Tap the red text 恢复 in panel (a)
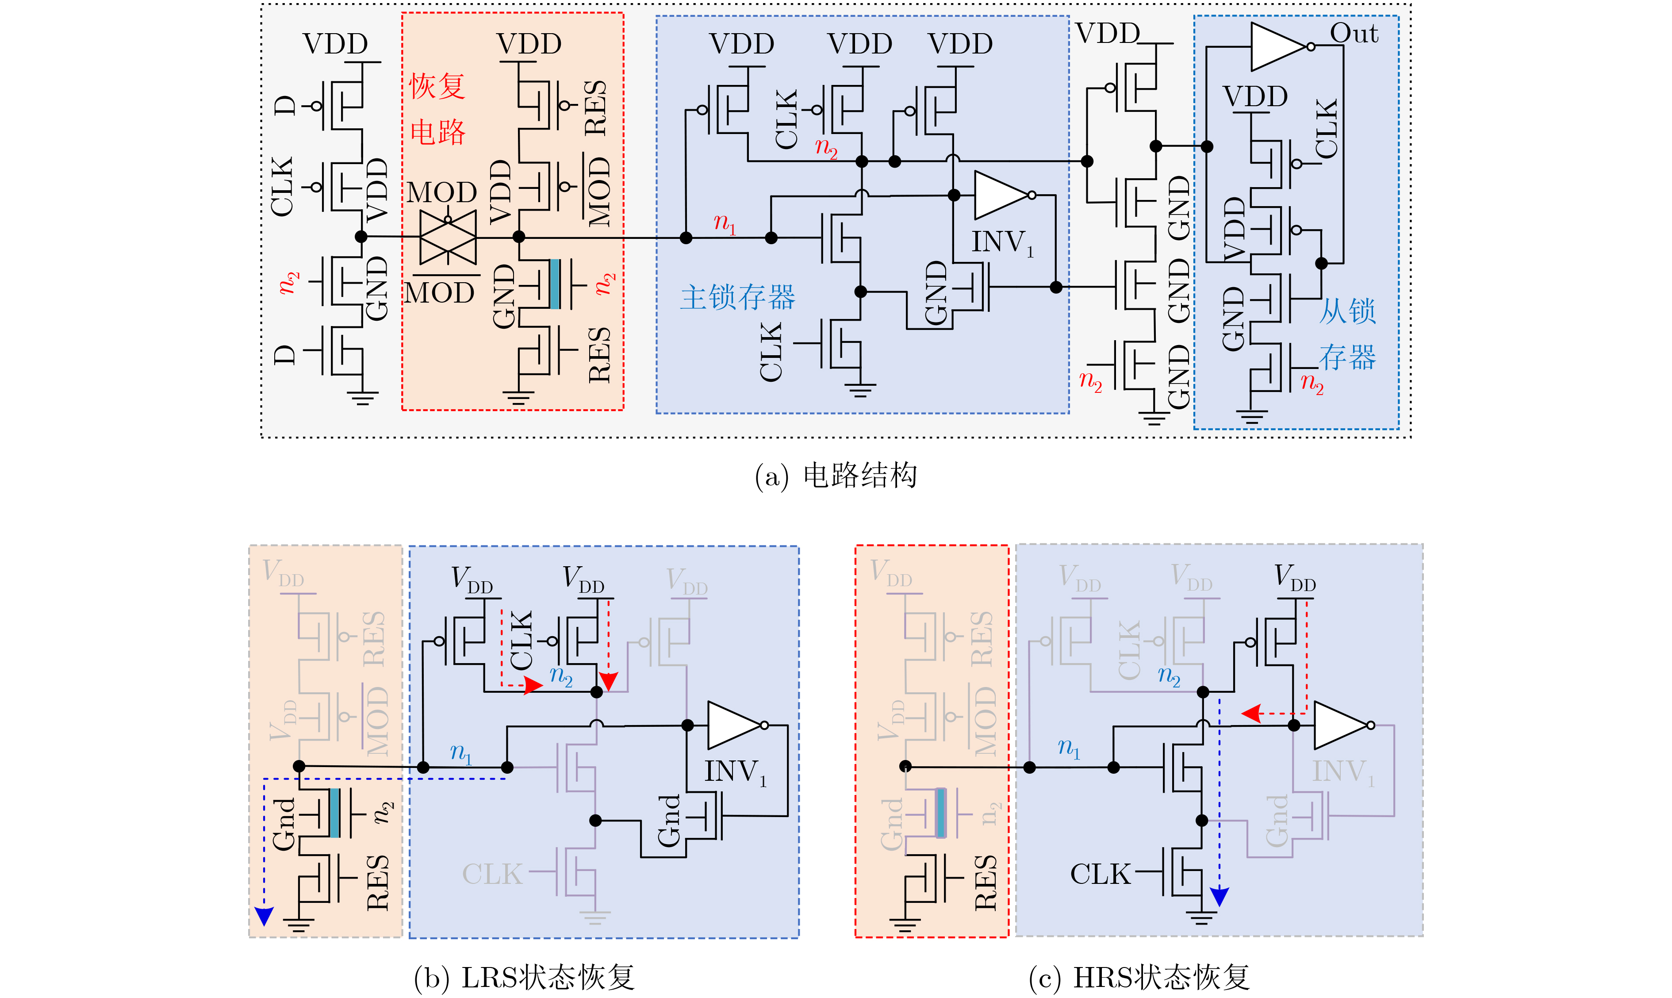coord(437,86)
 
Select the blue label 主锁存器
coord(737,296)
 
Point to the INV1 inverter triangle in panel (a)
coord(1001,195)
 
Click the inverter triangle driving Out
coord(1278,46)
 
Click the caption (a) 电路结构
coord(836,476)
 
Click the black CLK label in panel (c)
coord(1100,874)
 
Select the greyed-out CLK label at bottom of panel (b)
coord(492,874)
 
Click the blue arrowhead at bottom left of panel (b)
coord(264,916)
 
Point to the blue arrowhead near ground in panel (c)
coord(1219,896)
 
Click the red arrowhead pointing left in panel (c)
coord(1250,714)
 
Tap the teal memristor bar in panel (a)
coord(555,284)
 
